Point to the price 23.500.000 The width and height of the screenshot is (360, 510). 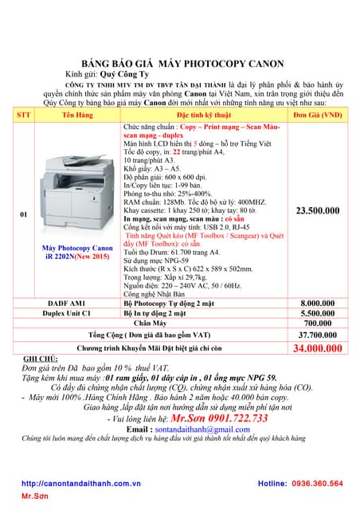point(317,211)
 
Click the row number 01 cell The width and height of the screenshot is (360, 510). point(24,214)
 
